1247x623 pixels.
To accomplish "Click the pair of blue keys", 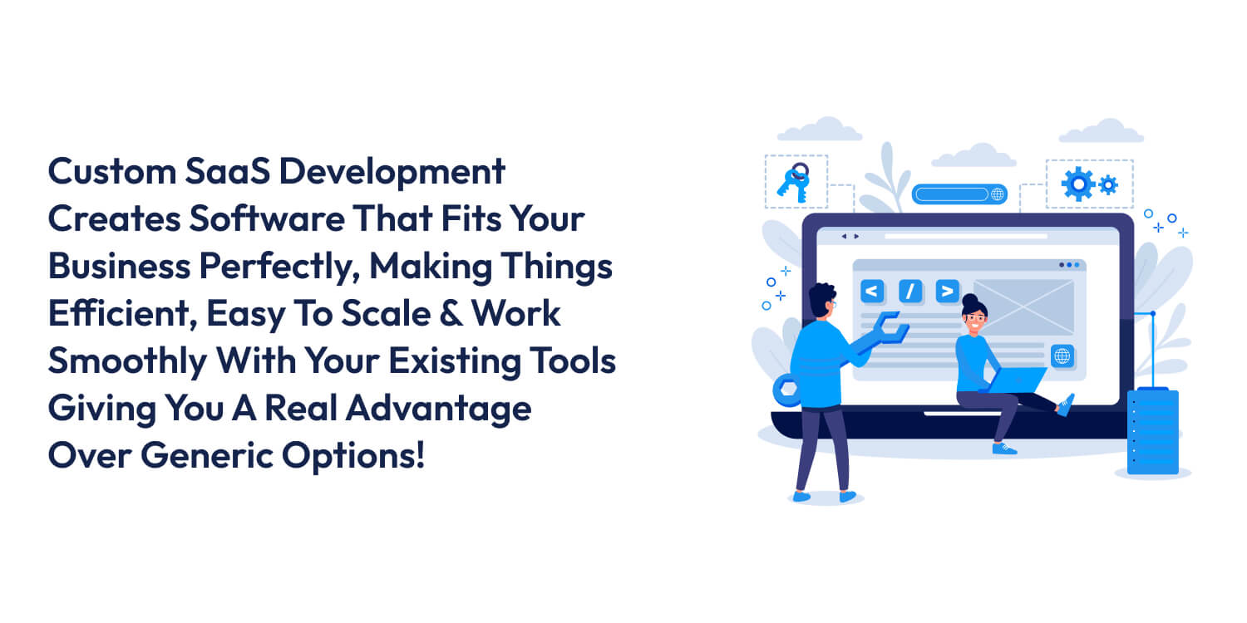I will (x=794, y=183).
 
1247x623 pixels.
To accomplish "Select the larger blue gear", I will (x=1078, y=184).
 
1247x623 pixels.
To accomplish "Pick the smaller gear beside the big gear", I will (x=1108, y=185).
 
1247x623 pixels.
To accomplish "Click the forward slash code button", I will (x=910, y=291).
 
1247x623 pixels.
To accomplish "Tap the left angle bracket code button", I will (x=871, y=291).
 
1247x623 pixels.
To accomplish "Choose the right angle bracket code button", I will (x=947, y=291).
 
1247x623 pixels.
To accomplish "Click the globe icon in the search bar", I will (x=997, y=194).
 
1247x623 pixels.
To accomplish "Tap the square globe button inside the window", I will (x=1062, y=356).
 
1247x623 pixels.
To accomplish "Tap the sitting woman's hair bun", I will (x=970, y=301).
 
